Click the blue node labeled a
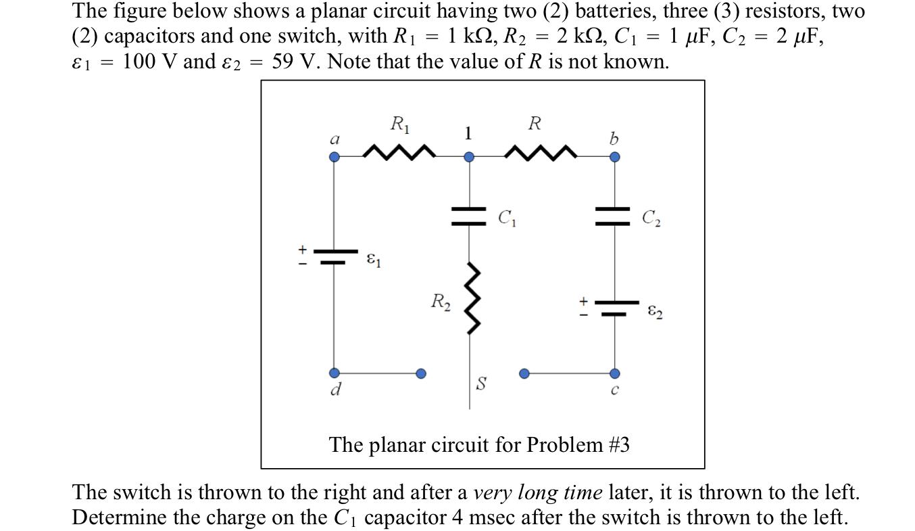point(334,157)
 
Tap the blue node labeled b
point(614,157)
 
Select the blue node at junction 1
point(469,157)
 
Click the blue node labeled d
point(334,373)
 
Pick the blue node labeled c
point(614,373)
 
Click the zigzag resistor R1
point(398,152)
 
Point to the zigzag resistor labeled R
point(541,152)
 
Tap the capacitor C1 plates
point(469,216)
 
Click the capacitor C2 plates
point(614,216)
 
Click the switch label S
point(480,384)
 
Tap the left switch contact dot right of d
point(421,373)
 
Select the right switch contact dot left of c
point(524,373)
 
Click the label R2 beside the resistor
point(441,301)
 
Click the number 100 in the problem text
point(138,62)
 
